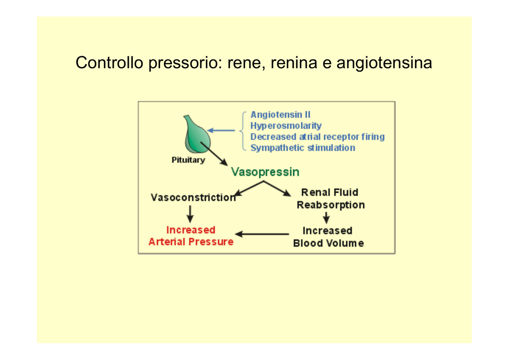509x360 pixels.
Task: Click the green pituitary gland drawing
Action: tap(197, 135)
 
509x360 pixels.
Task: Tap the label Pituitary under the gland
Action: tap(188, 160)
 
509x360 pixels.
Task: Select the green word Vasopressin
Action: tap(265, 172)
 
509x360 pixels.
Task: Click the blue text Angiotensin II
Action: tap(280, 114)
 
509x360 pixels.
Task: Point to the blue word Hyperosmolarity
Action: tap(286, 126)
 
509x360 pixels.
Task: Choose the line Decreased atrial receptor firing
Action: tap(318, 137)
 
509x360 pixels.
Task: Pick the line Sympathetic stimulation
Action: tap(303, 148)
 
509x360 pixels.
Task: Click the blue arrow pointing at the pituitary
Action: tap(221, 130)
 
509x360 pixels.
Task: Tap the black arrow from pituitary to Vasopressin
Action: tap(214, 154)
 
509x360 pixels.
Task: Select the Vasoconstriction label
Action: tap(193, 197)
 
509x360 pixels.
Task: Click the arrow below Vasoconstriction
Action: tap(190, 214)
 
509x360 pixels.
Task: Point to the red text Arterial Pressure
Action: tap(191, 242)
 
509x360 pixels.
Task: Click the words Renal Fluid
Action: tap(330, 192)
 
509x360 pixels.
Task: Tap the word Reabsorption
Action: tap(331, 205)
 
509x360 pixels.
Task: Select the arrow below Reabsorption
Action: tap(326, 218)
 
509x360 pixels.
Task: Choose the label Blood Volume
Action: tap(328, 243)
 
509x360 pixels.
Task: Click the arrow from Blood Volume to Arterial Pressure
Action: tap(262, 234)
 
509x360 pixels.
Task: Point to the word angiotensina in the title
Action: tap(384, 63)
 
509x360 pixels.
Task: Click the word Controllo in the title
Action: tap(109, 62)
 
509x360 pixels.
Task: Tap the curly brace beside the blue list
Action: tap(243, 131)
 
